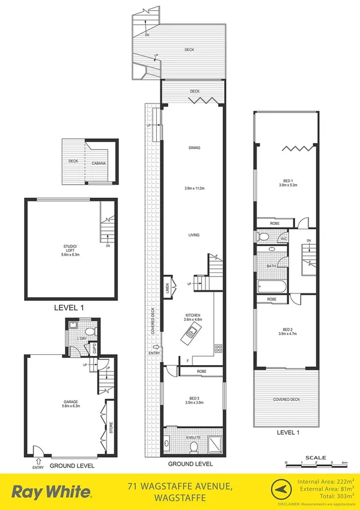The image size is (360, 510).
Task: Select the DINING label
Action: pos(194,148)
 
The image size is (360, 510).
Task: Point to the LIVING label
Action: pos(194,235)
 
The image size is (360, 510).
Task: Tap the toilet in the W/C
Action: pos(263,237)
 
